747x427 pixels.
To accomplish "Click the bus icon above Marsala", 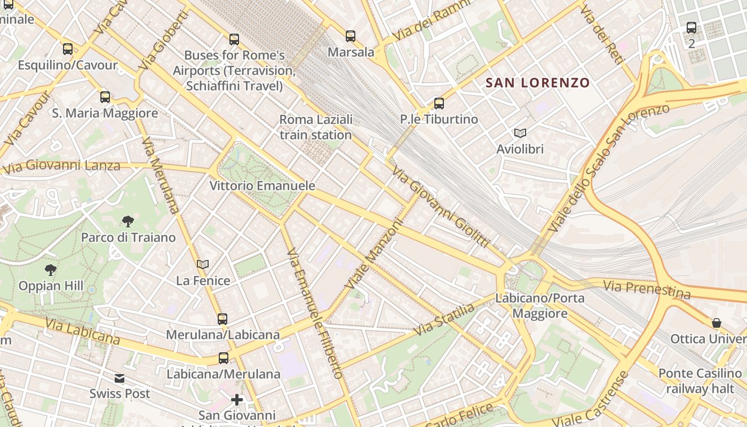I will click(x=350, y=36).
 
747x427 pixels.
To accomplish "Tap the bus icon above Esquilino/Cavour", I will click(x=68, y=49).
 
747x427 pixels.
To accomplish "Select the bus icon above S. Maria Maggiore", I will click(x=105, y=97).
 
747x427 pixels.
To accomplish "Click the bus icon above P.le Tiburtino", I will click(x=439, y=104).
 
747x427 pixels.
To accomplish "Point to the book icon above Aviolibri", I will click(x=520, y=133).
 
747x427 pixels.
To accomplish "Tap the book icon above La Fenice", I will click(x=203, y=264).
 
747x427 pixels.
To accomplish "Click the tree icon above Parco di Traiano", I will click(x=128, y=222).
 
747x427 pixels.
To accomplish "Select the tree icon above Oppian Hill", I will click(x=51, y=270).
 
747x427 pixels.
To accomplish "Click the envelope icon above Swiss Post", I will click(x=120, y=378).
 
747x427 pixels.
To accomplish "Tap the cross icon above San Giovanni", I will click(x=237, y=399).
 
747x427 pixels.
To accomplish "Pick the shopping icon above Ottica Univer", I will click(x=716, y=323).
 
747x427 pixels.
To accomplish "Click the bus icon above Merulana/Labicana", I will click(x=222, y=319).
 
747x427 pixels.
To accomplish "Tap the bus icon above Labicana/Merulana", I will click(x=224, y=358).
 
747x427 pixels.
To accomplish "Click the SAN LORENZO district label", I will click(x=537, y=83).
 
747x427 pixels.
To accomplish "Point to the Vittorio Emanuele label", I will click(x=262, y=186).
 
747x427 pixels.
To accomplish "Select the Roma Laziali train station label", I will click(x=316, y=127).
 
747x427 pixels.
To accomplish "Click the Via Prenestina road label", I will click(x=646, y=289).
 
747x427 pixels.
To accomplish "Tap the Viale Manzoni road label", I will click(x=373, y=255).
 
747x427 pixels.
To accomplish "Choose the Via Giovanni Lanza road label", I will click(x=62, y=167).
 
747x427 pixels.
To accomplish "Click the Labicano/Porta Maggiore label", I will click(x=540, y=305).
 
